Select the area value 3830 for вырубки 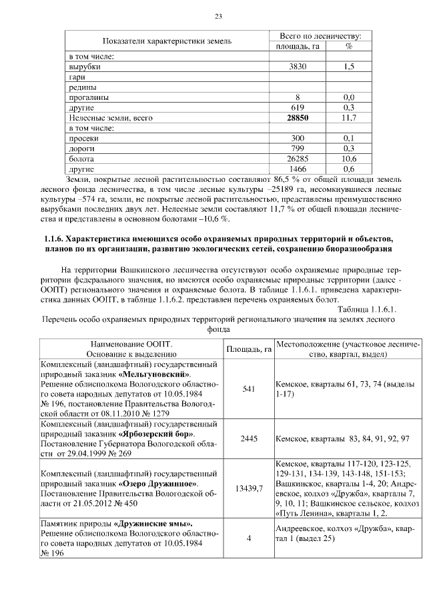(x=298, y=67)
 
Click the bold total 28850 (x=298, y=118)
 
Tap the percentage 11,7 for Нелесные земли (x=348, y=118)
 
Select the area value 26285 (x=298, y=159)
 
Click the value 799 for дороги (x=298, y=148)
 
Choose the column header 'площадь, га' (x=298, y=46)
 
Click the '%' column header (x=348, y=46)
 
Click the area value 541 (x=249, y=389)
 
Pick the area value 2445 (x=249, y=439)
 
